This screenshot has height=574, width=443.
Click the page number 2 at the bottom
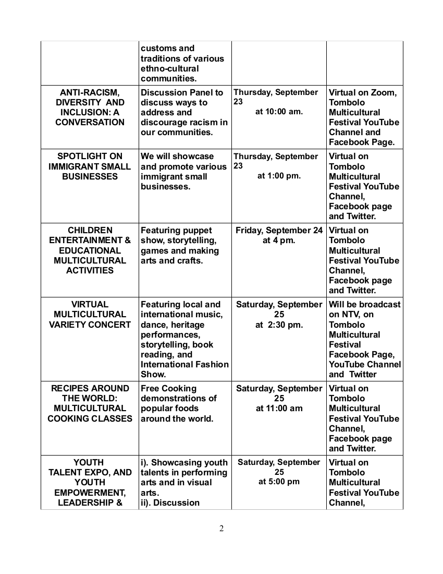pyautogui.click(x=221, y=529)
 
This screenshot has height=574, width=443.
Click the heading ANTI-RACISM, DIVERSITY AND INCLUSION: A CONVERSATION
pyautogui.click(x=90, y=107)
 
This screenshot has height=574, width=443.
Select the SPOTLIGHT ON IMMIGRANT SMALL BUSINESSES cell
pyautogui.click(x=90, y=166)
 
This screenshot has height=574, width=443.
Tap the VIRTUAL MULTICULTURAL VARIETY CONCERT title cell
pyautogui.click(x=90, y=314)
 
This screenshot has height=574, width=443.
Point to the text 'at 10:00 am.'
pyautogui.click(x=279, y=112)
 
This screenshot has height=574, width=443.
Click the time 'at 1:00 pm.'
pyautogui.click(x=279, y=176)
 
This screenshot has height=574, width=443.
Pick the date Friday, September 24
pyautogui.click(x=279, y=230)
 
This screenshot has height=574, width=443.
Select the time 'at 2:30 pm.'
pyautogui.click(x=279, y=325)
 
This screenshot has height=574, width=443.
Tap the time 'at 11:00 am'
pyautogui.click(x=279, y=409)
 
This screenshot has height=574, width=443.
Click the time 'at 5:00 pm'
pyautogui.click(x=279, y=482)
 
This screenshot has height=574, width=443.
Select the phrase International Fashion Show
pyautogui.click(x=184, y=369)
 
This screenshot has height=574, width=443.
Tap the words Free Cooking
pyautogui.click(x=161, y=388)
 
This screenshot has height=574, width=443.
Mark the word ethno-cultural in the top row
pyautogui.click(x=169, y=68)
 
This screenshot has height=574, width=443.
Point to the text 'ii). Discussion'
pyautogui.click(x=170, y=503)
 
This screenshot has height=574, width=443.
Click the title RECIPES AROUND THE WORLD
pyautogui.click(x=90, y=393)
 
